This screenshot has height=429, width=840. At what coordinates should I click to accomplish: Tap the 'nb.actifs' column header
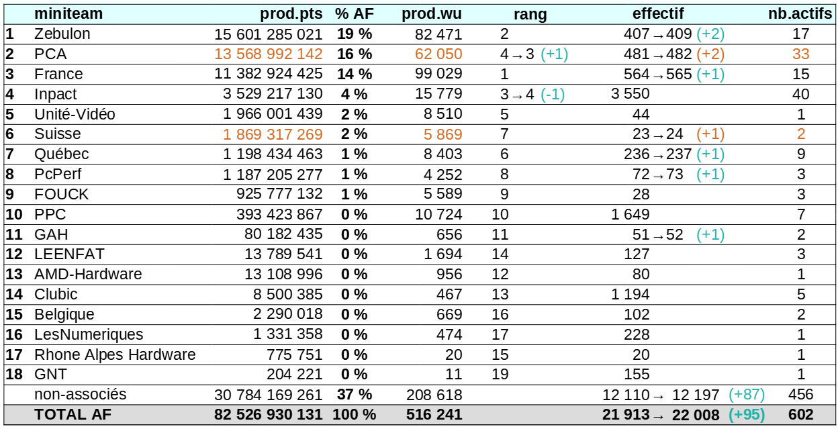coord(802,13)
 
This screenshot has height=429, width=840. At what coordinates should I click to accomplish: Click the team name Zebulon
coord(62,34)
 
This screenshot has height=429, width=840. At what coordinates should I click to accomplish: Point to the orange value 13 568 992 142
coord(269,54)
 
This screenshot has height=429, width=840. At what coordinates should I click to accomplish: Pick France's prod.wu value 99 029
coord(439,74)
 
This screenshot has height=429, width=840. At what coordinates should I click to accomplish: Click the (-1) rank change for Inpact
coord(553,94)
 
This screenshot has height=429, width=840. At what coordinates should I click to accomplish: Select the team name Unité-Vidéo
coord(75,114)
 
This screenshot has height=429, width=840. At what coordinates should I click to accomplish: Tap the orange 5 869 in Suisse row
coord(442,134)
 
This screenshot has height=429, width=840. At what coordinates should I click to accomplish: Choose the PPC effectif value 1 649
coord(631,215)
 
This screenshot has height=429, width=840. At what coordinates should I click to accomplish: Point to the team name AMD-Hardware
coord(88,275)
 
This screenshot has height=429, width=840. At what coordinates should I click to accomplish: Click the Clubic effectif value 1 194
coord(631,295)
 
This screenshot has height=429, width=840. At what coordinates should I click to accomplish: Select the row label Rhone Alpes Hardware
coord(115,354)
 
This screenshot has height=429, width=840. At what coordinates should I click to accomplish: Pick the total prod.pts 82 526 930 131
coord(269,415)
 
